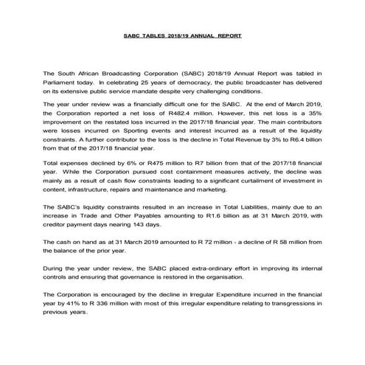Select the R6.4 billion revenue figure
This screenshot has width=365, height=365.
tap(298, 143)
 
